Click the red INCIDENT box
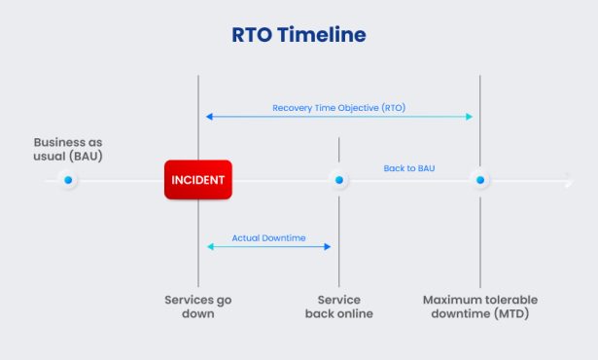point(198,180)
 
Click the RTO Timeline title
point(299,35)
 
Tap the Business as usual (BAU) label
point(68,148)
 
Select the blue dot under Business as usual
point(68,180)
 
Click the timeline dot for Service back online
point(338,180)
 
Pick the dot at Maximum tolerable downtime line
point(479,180)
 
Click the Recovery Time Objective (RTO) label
point(338,107)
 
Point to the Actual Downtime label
point(268,237)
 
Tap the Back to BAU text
point(408,168)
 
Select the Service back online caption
point(338,306)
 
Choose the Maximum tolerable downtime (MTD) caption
point(479,306)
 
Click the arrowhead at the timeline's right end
point(569,180)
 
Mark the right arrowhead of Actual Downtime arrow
point(329,247)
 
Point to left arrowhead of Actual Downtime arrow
point(209,247)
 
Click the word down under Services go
point(198,314)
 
